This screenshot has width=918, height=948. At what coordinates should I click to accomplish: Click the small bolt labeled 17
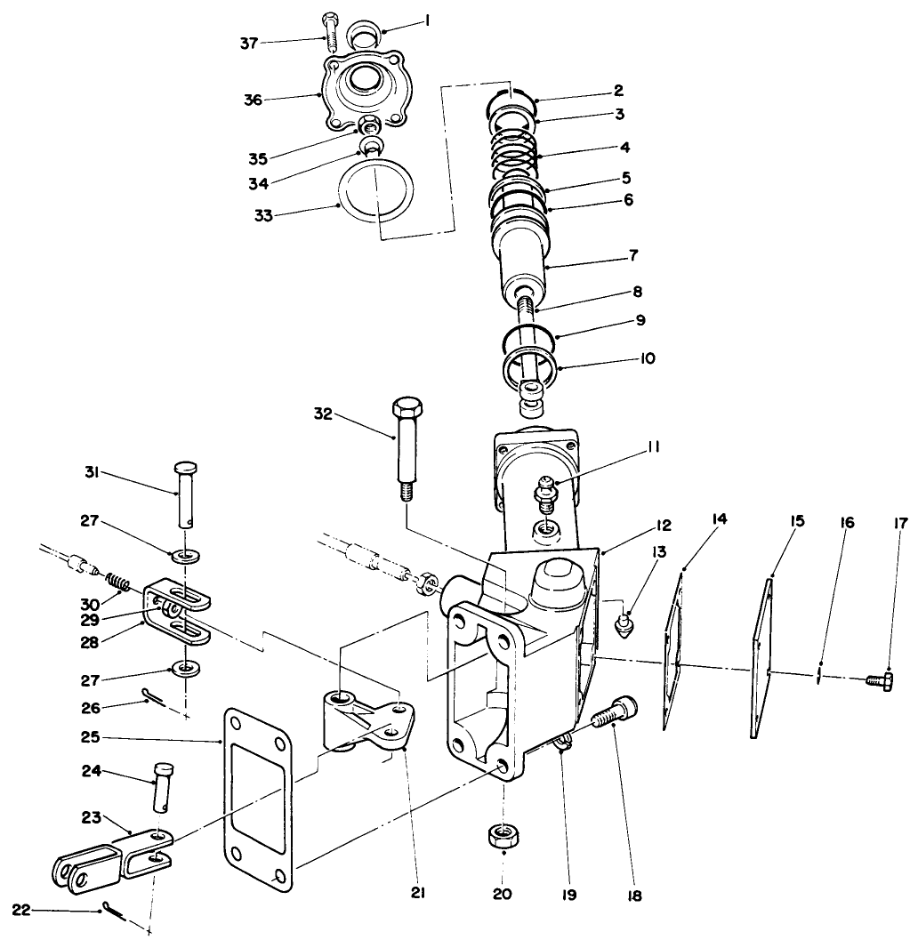point(879,681)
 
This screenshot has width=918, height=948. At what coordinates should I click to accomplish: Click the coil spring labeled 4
point(515,151)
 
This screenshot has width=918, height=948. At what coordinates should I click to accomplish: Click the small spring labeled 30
point(119,583)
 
